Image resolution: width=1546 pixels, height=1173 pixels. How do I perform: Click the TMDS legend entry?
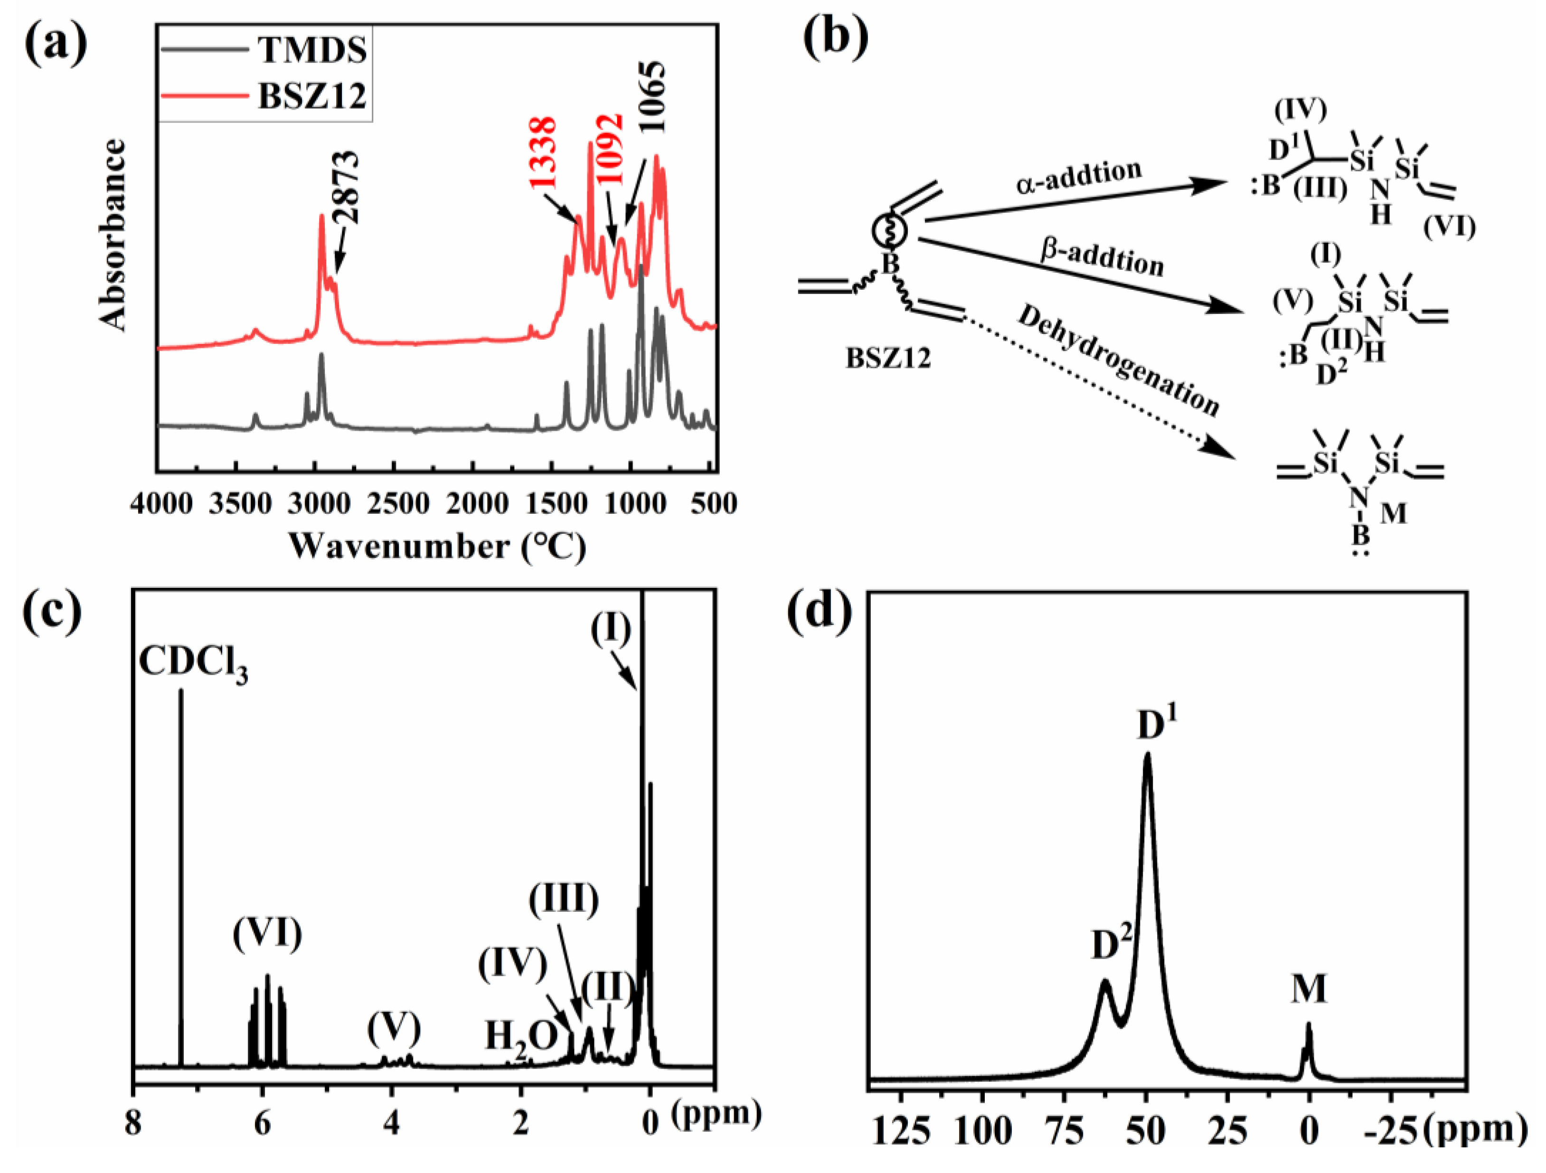click(311, 50)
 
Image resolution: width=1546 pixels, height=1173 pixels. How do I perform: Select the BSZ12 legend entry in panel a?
click(311, 96)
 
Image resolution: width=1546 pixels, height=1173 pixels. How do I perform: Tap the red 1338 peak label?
click(543, 153)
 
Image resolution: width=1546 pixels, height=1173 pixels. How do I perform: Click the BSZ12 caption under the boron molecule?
click(888, 359)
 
